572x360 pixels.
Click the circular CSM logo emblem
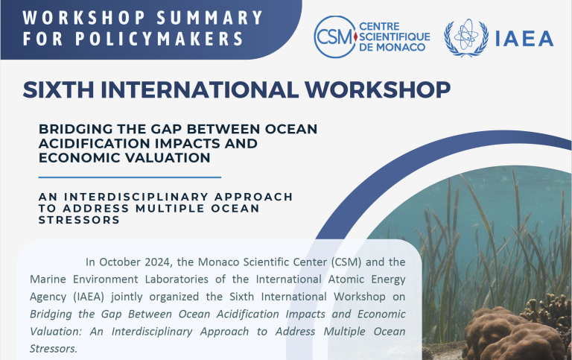pyautogui.click(x=335, y=37)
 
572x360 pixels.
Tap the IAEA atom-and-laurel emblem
pyautogui.click(x=466, y=37)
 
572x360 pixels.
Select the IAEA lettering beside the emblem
pyautogui.click(x=524, y=39)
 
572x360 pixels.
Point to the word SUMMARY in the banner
pyautogui.click(x=210, y=18)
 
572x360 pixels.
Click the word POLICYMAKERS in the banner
pyautogui.click(x=159, y=39)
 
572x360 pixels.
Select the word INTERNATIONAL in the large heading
pyautogui.click(x=200, y=89)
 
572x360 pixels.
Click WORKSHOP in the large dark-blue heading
pyautogui.click(x=378, y=89)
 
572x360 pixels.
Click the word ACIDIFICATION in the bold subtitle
pyautogui.click(x=93, y=143)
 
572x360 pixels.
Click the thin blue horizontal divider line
pyautogui.click(x=130, y=177)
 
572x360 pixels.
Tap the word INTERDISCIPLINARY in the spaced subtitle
pyautogui.click(x=136, y=197)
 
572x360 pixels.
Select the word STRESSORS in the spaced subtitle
pyautogui.click(x=79, y=220)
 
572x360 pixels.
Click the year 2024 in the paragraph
pyautogui.click(x=157, y=262)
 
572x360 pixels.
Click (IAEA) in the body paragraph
pyautogui.click(x=89, y=297)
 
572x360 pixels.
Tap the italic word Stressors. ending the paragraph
pyautogui.click(x=54, y=349)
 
